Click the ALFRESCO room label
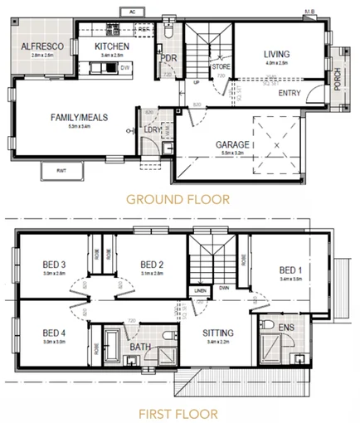tap(38, 46)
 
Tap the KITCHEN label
tap(111, 46)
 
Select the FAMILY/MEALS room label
tap(76, 117)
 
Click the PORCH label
tap(338, 80)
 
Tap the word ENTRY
tap(289, 93)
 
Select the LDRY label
tap(152, 130)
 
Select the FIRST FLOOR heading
tap(179, 412)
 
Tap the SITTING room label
tap(219, 333)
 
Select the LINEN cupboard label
tap(200, 289)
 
